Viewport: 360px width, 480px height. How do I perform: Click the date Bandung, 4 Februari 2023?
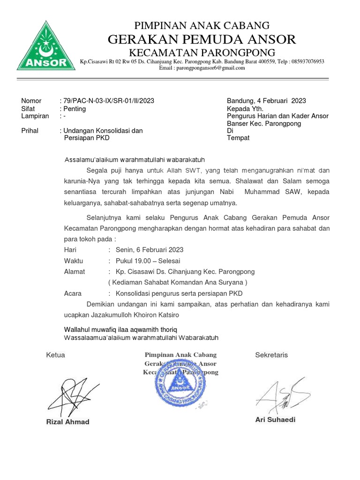tap(266, 101)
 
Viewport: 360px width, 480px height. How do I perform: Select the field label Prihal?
tap(30, 131)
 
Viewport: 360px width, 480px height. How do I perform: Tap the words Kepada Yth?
tap(244, 108)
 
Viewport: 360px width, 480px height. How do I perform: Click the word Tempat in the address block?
tap(238, 138)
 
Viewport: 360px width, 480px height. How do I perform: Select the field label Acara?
tap(73, 294)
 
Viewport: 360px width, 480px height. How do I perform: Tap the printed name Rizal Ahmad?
tap(67, 421)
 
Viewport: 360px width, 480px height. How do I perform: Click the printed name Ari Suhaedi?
tap(275, 420)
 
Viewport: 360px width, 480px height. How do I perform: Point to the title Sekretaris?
tap(271, 355)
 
